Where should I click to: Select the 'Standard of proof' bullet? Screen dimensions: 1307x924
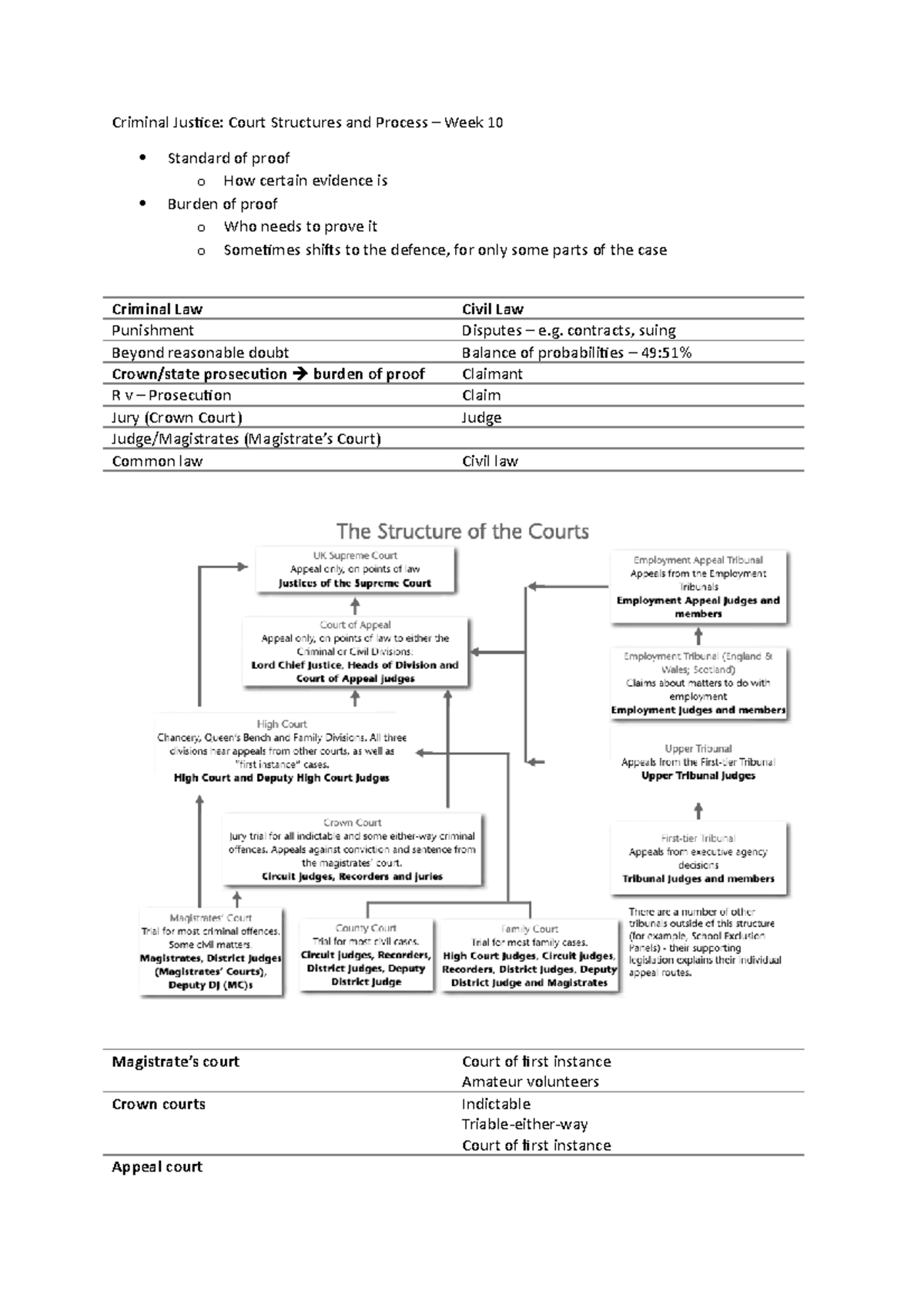228,158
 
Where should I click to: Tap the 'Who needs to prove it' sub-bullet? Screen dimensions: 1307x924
300,226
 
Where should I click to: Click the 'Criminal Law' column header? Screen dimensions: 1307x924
157,309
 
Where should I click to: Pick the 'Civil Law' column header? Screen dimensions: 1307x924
492,309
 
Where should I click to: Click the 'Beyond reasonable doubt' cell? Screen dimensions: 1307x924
200,353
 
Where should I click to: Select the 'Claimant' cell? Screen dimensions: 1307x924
492,374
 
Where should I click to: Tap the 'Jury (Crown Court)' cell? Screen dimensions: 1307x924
177,417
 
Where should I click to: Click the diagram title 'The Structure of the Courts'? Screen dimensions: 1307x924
463,531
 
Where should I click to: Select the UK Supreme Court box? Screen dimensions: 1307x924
355,570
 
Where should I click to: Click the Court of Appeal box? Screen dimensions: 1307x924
355,651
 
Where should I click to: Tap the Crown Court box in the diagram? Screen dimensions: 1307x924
353,850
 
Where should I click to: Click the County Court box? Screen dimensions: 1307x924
366,954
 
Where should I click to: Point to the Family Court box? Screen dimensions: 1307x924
529,955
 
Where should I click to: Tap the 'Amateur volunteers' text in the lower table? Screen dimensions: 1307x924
530,1081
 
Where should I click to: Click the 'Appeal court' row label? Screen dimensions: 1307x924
157,1167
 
